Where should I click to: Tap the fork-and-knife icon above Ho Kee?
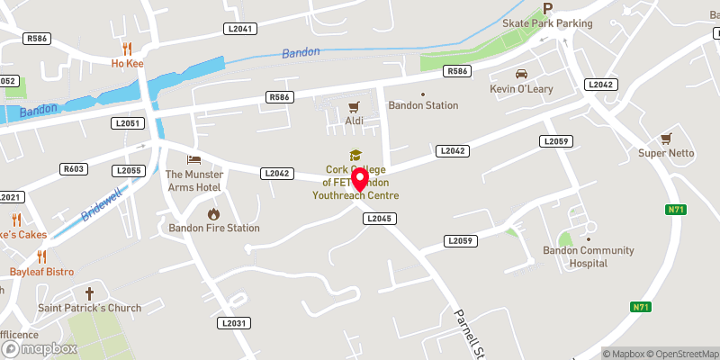click(127, 49)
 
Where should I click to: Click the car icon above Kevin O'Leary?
click(520, 74)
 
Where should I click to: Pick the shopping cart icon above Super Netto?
click(666, 138)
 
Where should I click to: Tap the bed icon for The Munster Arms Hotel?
click(193, 159)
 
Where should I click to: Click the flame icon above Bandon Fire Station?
click(214, 213)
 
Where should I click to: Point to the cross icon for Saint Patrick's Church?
click(89, 293)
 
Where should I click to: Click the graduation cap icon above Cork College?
click(355, 156)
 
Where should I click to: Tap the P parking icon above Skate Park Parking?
click(548, 9)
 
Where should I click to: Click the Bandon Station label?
click(423, 105)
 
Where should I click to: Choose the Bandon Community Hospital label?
click(576, 256)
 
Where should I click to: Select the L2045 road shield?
click(377, 219)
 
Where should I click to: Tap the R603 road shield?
click(73, 169)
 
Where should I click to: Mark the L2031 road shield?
click(233, 323)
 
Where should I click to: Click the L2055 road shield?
click(128, 170)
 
